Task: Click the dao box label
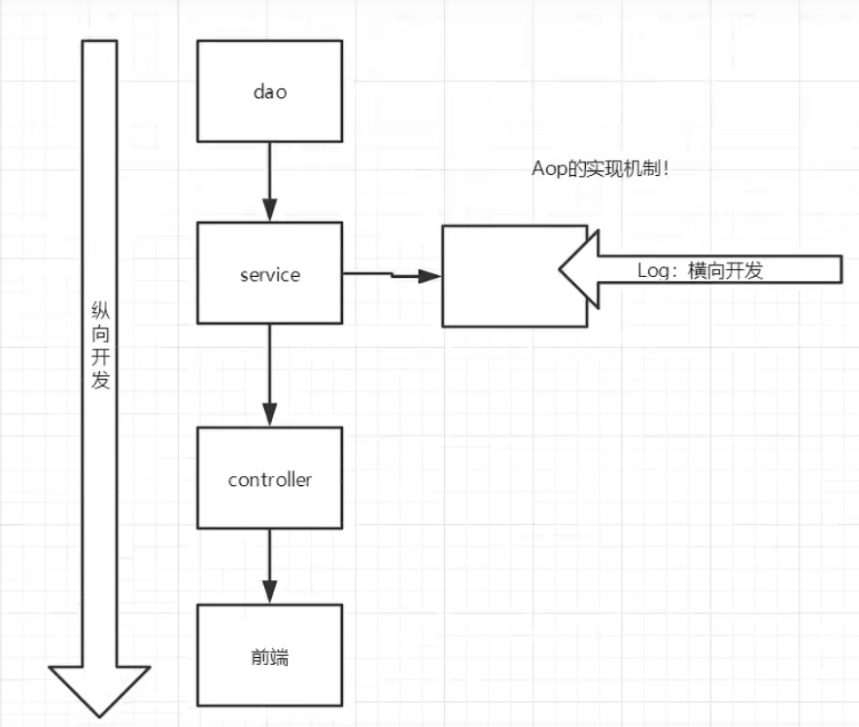click(270, 92)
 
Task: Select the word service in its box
click(270, 274)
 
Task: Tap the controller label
click(270, 480)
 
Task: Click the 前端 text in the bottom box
click(270, 656)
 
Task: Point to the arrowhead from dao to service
click(269, 210)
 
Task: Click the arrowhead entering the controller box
click(269, 415)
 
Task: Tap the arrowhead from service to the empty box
click(430, 276)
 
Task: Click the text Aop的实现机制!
click(601, 168)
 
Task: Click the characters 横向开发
click(725, 270)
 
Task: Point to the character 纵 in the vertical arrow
click(100, 310)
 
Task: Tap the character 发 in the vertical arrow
click(100, 380)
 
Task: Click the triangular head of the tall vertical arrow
click(99, 691)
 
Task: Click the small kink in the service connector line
click(393, 274)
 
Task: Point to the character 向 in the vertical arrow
click(100, 333)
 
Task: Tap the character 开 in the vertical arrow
click(100, 357)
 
